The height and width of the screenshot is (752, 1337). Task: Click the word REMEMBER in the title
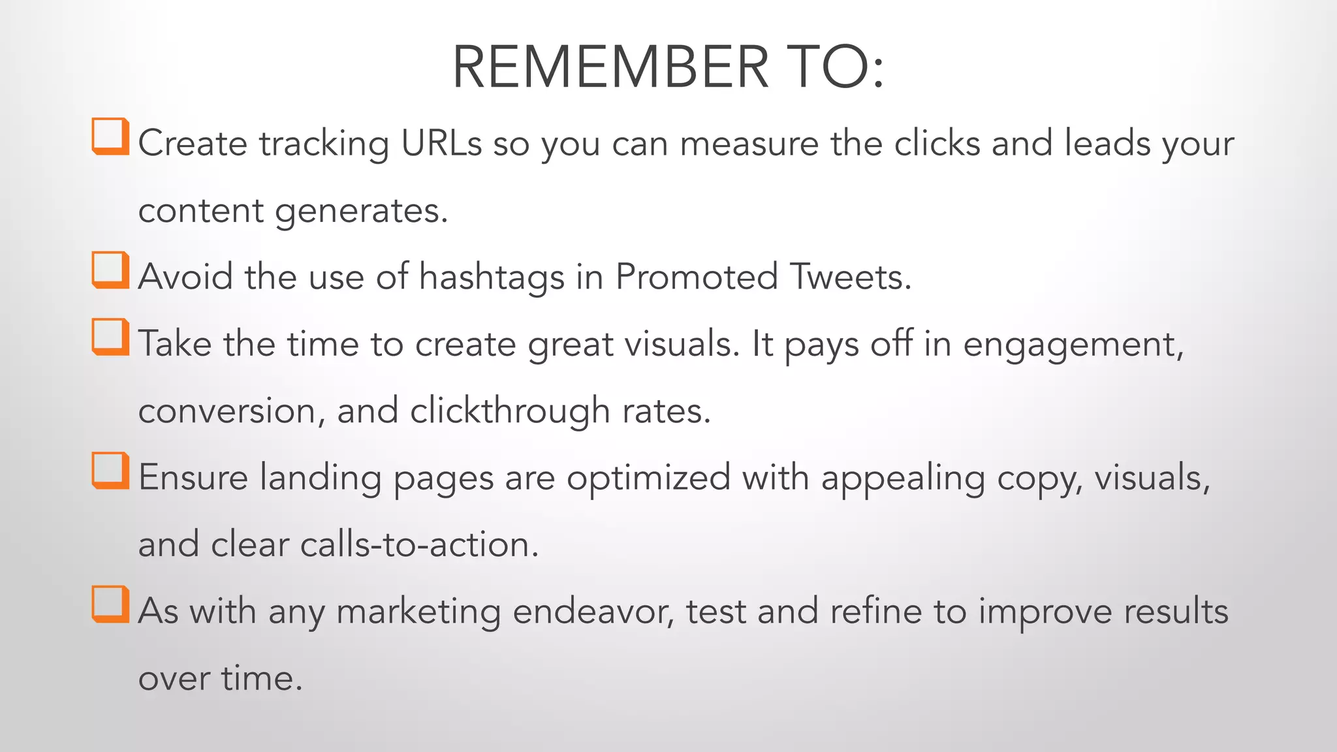click(610, 67)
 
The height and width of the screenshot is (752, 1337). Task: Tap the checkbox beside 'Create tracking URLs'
click(110, 136)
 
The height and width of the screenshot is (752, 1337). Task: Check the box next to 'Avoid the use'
click(110, 270)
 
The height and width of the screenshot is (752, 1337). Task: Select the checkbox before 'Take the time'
click(110, 337)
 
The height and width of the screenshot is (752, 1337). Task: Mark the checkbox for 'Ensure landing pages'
click(110, 470)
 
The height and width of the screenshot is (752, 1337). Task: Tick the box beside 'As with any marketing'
click(110, 604)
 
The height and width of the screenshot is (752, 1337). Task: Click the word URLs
click(441, 143)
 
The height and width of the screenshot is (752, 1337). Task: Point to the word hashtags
click(492, 277)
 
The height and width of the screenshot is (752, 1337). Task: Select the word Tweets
click(851, 277)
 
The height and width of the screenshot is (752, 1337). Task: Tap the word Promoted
click(697, 277)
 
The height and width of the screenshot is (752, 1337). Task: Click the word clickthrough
click(510, 411)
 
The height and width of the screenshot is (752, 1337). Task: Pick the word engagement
click(1073, 345)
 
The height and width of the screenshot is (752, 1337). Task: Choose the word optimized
click(648, 478)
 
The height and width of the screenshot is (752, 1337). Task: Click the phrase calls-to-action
click(419, 545)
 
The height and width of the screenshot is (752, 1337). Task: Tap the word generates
click(361, 211)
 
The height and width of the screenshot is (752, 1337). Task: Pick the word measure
click(749, 143)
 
